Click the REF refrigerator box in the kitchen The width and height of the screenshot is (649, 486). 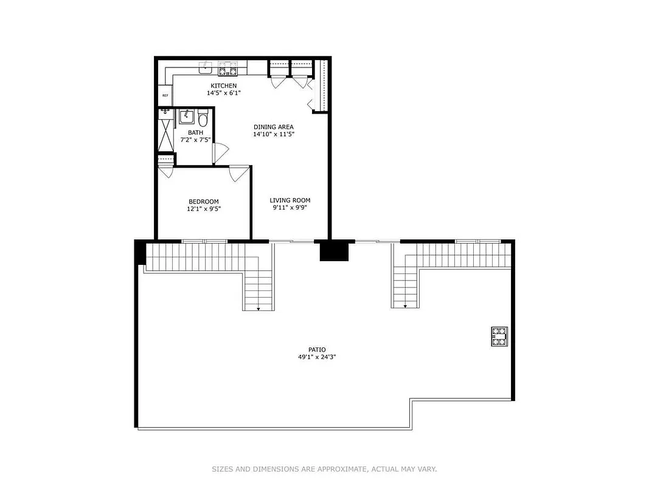[165, 95]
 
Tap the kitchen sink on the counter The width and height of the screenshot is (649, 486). [206, 66]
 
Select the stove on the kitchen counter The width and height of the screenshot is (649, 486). [227, 66]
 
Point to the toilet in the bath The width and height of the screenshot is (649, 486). [203, 118]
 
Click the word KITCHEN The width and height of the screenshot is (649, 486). [223, 86]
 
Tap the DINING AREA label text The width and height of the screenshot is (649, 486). [274, 127]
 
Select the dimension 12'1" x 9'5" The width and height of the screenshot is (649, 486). [204, 209]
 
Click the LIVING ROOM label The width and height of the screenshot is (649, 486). [290, 200]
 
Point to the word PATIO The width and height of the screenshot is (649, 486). [316, 349]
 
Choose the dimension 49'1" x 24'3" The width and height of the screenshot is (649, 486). [316, 357]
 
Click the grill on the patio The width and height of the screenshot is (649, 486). [499, 336]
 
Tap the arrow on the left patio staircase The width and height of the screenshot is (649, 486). [259, 308]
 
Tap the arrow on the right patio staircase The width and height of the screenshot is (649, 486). [406, 306]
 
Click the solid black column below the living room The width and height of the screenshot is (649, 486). [335, 250]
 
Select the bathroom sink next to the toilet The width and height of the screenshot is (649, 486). [187, 116]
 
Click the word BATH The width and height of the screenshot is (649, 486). [195, 132]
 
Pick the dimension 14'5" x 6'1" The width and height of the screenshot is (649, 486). [223, 94]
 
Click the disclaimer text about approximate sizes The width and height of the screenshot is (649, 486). [324, 469]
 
